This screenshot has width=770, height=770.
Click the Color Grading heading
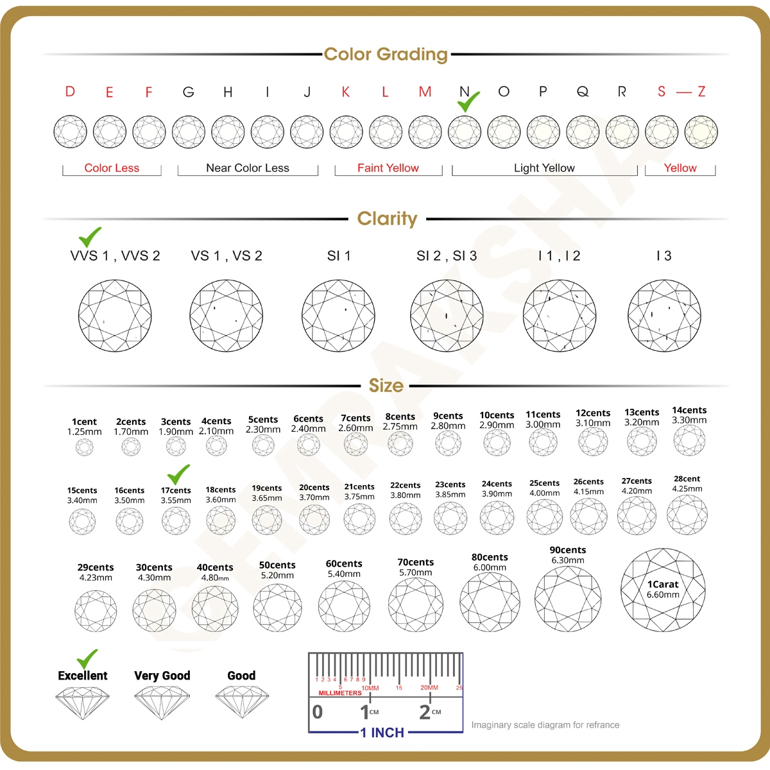pos(386,55)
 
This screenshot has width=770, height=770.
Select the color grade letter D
pos(70,92)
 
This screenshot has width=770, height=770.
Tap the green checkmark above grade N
pos(468,101)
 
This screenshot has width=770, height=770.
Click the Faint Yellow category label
pos(388,168)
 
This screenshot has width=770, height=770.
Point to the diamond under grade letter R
pos(622,132)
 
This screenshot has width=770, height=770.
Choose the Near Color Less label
pos(248,168)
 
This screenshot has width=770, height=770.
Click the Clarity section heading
pos(387,219)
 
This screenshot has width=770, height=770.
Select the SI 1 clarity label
pos(339,256)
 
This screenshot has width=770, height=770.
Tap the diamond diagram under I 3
pos(664,316)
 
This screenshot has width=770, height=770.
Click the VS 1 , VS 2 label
pos(227,256)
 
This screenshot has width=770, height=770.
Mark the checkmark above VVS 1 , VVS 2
pos(90,237)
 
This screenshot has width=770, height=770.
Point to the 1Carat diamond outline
pos(663,589)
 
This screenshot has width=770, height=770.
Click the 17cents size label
pos(176,490)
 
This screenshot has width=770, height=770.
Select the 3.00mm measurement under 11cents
pos(543,425)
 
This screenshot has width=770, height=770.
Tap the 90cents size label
pos(568,550)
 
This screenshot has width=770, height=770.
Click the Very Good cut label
pos(162,676)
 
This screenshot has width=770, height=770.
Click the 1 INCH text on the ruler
pos(382,733)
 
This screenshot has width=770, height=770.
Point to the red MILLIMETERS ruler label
pos(340,693)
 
